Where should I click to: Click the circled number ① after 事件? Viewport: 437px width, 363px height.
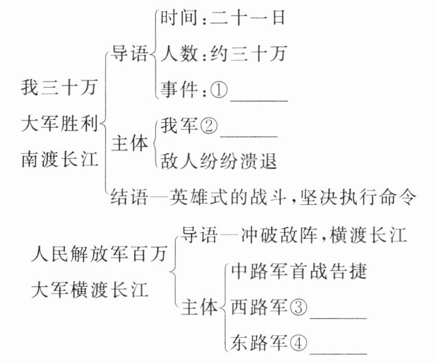click(219, 90)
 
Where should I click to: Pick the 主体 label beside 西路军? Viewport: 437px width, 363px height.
click(199, 307)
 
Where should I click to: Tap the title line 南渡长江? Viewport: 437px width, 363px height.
click(59, 158)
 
